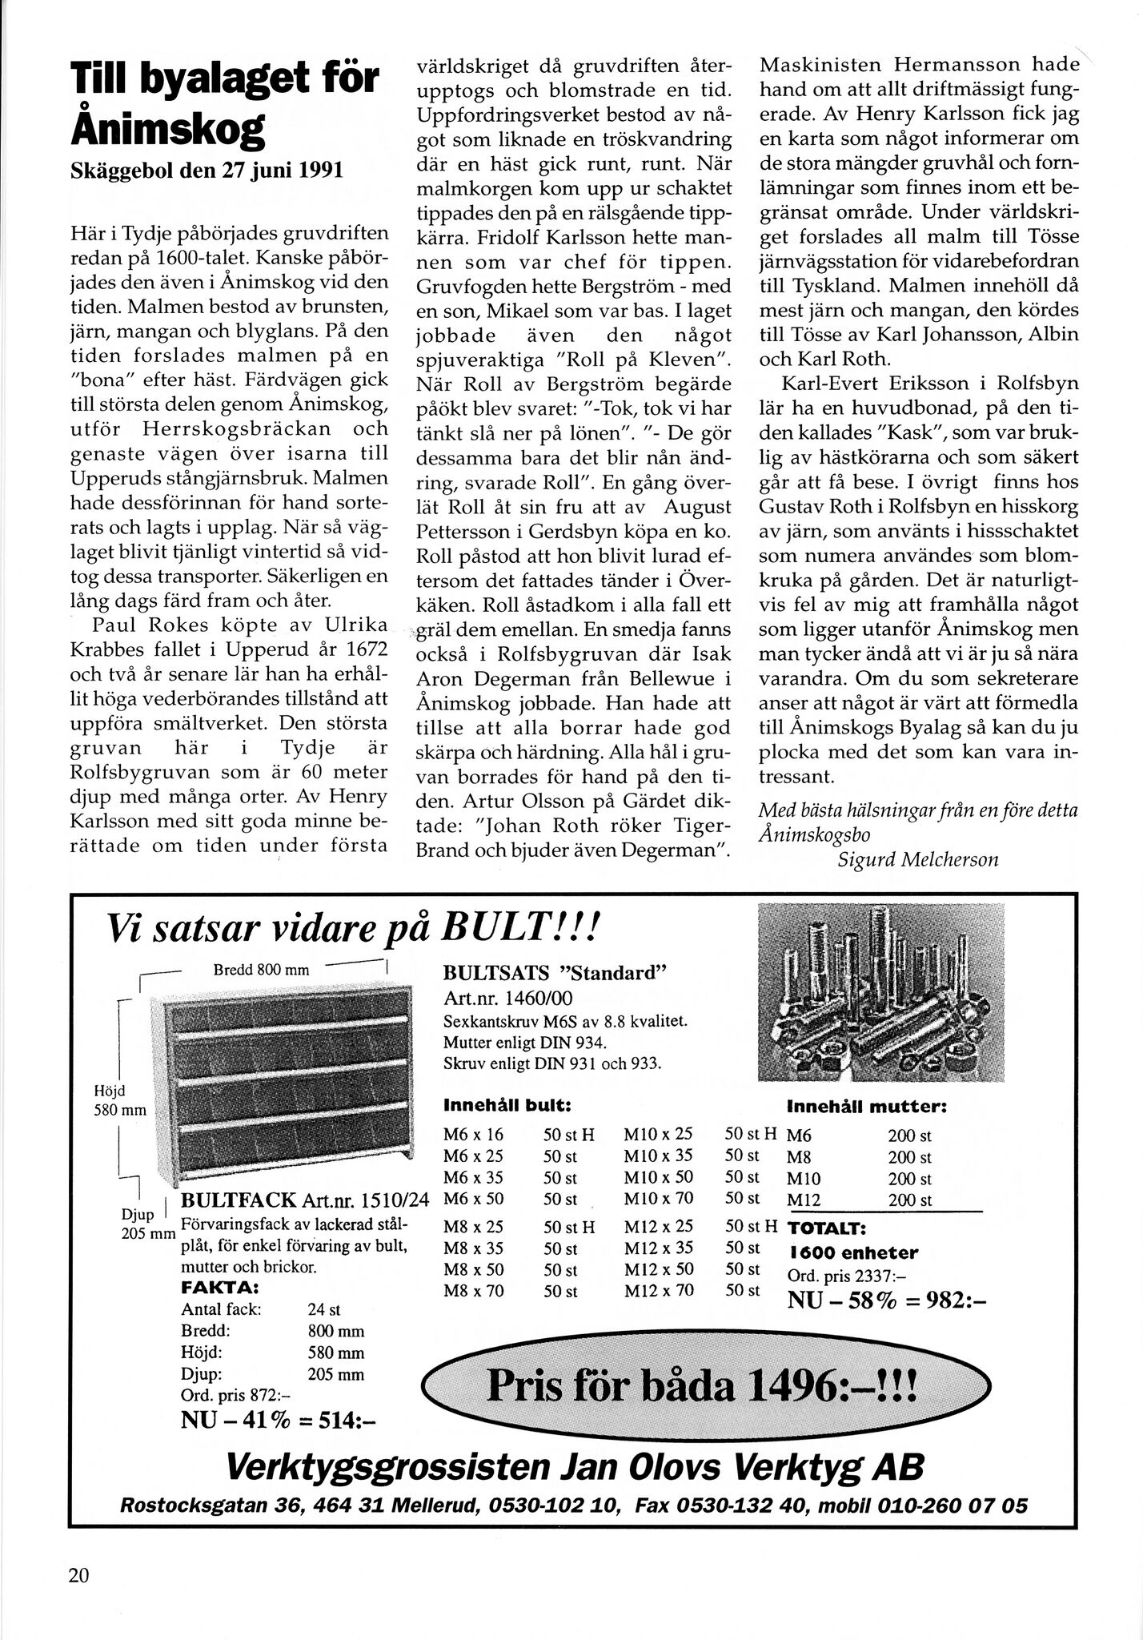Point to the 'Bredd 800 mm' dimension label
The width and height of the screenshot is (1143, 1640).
pyautogui.click(x=261, y=970)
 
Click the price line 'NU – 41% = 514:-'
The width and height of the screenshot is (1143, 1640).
pyautogui.click(x=279, y=1419)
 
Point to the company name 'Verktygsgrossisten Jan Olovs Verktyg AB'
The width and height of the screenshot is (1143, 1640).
pyautogui.click(x=575, y=1468)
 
